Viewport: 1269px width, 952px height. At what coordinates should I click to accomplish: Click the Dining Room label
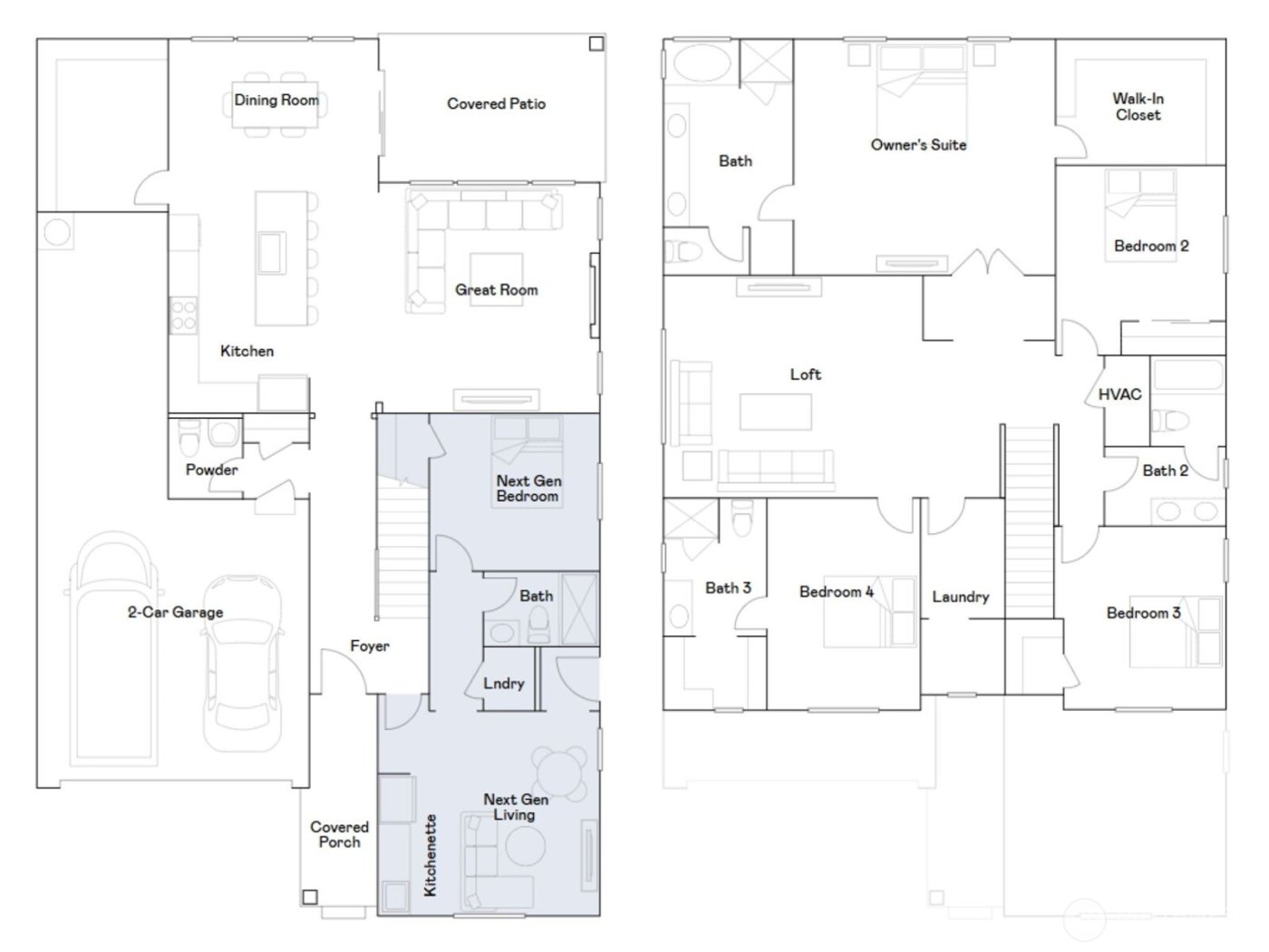276,100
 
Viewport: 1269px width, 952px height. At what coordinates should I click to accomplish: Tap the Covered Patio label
496,103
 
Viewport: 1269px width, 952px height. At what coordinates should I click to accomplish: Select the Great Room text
496,289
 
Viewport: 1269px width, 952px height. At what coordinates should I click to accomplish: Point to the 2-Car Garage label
175,612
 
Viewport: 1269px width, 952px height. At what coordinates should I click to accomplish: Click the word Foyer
370,646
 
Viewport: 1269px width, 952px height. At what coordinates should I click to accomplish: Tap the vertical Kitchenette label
431,855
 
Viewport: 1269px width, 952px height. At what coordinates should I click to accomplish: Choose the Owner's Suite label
918,144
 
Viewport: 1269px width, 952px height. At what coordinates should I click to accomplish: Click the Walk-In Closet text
1138,106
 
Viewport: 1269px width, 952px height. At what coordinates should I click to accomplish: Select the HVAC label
1119,394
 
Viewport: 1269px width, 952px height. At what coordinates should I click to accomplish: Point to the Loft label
805,374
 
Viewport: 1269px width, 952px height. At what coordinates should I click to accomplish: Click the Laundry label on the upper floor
960,597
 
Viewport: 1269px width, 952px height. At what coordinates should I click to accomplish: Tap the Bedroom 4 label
836,591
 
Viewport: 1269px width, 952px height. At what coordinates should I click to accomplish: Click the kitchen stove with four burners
183,316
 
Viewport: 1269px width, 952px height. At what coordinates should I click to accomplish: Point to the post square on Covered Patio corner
596,44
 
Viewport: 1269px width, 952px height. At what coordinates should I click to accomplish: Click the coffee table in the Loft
775,412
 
